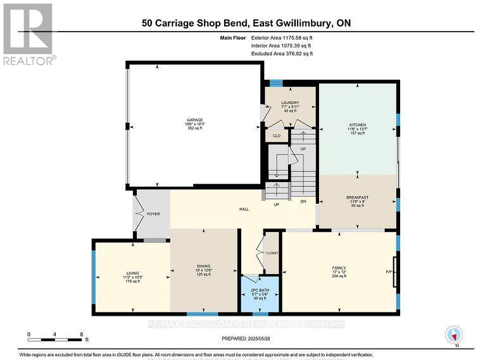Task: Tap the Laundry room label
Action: (290, 102)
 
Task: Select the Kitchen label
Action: (358, 125)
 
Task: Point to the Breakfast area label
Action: (358, 197)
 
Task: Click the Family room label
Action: (339, 268)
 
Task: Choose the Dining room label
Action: (203, 266)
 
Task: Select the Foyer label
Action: (153, 214)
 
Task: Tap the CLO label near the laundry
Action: (277, 135)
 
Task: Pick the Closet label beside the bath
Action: (272, 252)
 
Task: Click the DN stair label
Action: (303, 202)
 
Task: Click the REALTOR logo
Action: (28, 34)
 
